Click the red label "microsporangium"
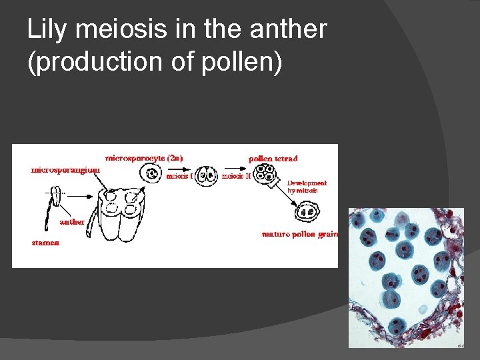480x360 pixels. tap(66, 169)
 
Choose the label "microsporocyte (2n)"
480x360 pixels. tap(145, 158)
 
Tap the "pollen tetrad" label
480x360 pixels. tap(273, 159)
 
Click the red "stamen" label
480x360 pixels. tap(45, 243)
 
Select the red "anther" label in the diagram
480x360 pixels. tap(72, 222)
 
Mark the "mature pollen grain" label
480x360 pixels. tap(300, 234)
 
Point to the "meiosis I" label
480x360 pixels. tap(179, 177)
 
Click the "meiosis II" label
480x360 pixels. tap(236, 177)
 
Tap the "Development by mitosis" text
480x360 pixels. tap(307, 186)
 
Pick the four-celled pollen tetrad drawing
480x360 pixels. tap(266, 175)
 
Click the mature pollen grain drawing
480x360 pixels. tap(307, 213)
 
